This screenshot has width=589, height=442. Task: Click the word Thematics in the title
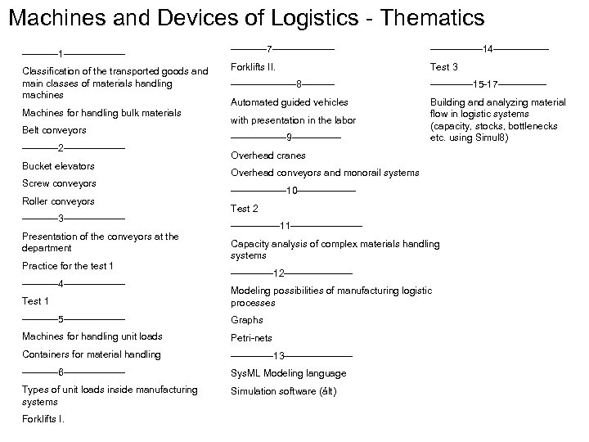point(429,17)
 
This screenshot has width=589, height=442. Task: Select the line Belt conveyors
point(54,130)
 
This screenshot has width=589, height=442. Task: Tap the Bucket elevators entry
point(58,166)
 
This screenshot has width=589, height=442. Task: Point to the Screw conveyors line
point(59,183)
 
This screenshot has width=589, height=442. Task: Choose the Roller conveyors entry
point(58,201)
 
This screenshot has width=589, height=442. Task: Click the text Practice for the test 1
point(68,266)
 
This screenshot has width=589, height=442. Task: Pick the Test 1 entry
point(36,301)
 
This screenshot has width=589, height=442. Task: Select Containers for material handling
point(92,354)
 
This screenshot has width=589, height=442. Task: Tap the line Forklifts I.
point(43,419)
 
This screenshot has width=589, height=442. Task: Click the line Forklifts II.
point(253,66)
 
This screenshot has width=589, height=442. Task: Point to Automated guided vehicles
point(290,102)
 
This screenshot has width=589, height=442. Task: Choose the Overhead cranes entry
point(268,156)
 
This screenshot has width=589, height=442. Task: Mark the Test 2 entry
point(245,209)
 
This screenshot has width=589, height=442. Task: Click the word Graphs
point(247,320)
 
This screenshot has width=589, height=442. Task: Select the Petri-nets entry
point(251,338)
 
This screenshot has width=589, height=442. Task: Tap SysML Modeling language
point(288,373)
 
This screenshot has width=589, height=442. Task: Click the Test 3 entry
point(444,66)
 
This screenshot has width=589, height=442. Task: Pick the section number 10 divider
point(292,191)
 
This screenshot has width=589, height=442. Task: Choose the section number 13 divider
point(279,356)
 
